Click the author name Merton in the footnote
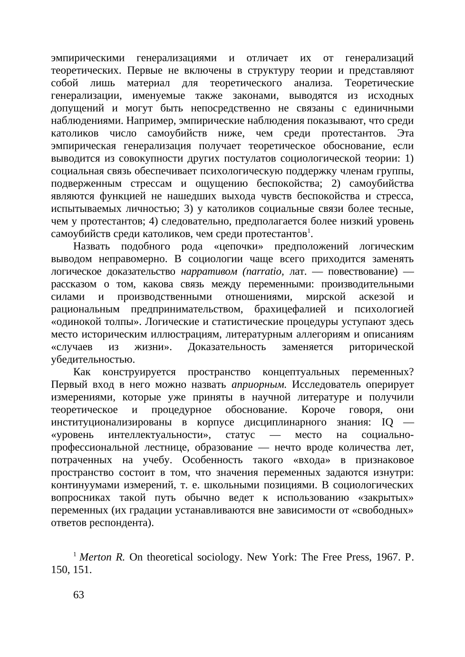(95, 557)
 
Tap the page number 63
(79, 595)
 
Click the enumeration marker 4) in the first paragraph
(153, 221)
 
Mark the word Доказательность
(227, 347)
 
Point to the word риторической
(381, 347)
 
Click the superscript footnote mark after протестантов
(309, 231)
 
